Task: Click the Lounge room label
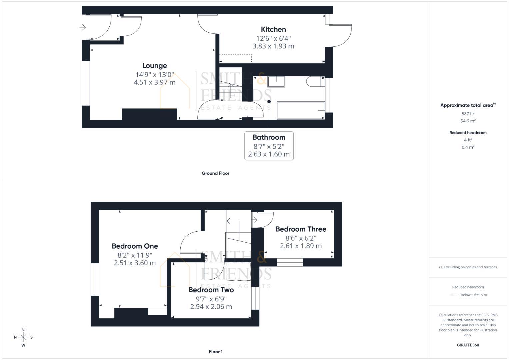point(154,66)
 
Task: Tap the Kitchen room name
point(273,29)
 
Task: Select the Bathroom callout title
point(269,137)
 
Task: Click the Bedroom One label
point(135,246)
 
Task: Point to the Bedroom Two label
point(211,290)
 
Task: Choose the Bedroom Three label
point(301,229)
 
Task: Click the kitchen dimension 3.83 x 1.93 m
point(273,46)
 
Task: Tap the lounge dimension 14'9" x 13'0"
point(154,75)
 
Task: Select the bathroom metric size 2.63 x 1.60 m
point(269,154)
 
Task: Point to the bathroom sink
point(276,82)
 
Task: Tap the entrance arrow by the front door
point(83,27)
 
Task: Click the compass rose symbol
point(23,337)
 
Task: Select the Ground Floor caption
point(215,173)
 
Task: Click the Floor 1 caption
point(215,352)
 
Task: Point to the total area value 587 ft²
point(468,114)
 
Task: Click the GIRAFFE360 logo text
point(468,345)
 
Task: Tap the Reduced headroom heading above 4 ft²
point(468,133)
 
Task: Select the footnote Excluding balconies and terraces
point(468,267)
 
